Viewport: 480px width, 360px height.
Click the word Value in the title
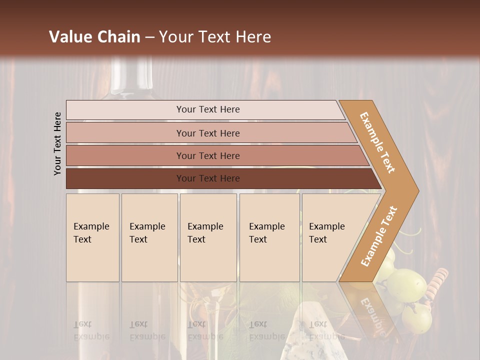[69, 37]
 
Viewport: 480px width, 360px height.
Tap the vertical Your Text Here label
[57, 143]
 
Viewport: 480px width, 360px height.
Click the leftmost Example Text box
[92, 237]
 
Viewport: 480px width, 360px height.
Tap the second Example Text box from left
[149, 237]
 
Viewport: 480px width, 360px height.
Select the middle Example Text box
[208, 237]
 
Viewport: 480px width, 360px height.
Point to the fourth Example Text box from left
[269, 237]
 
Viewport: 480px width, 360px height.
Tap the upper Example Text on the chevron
[378, 142]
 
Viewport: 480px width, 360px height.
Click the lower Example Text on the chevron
[379, 236]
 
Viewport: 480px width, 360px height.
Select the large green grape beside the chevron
[407, 285]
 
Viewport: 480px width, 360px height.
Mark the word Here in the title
[254, 37]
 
